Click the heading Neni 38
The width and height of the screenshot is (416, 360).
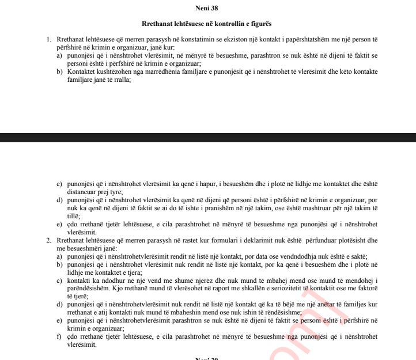(x=207, y=9)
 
